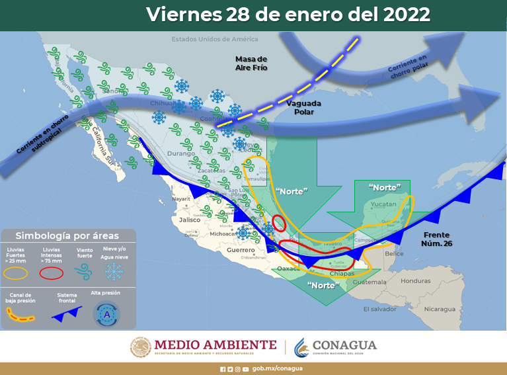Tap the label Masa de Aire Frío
251,63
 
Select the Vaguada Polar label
300,107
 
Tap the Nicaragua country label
440,309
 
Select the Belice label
394,253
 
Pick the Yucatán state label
383,204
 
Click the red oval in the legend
52,272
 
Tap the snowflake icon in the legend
114,270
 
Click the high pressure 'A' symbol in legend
104,313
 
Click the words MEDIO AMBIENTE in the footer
215,345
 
